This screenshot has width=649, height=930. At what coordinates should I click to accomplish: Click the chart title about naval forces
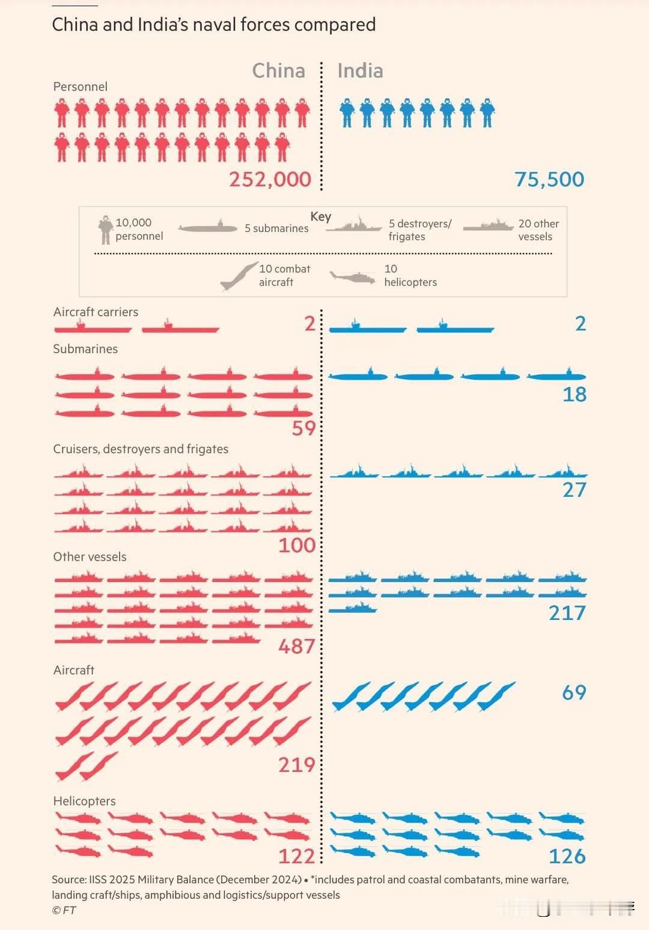pyautogui.click(x=213, y=25)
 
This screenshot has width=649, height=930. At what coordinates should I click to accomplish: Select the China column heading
pyautogui.click(x=278, y=71)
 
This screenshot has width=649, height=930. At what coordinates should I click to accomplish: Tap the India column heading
pyautogui.click(x=360, y=71)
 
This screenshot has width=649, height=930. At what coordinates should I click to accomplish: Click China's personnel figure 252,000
pyautogui.click(x=270, y=179)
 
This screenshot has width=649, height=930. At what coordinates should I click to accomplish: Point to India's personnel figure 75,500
pyautogui.click(x=549, y=179)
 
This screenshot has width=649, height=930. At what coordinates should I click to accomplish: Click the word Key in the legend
pyautogui.click(x=320, y=217)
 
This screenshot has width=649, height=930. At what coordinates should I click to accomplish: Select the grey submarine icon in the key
pyautogui.click(x=208, y=228)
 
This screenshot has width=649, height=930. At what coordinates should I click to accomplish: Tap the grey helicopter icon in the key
pyautogui.click(x=353, y=277)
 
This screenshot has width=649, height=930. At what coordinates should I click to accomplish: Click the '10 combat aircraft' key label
pyautogui.click(x=284, y=275)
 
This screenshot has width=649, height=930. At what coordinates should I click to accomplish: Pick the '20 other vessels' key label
pyautogui.click(x=538, y=229)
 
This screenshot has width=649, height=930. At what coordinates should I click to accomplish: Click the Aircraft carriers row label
pyautogui.click(x=96, y=312)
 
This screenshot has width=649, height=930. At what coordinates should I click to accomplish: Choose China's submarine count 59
pyautogui.click(x=303, y=428)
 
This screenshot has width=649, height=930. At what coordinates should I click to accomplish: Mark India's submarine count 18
pyautogui.click(x=574, y=394)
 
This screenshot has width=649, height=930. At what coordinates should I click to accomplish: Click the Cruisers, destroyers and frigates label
pyautogui.click(x=141, y=449)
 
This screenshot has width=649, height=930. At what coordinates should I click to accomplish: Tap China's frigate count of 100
pyautogui.click(x=297, y=545)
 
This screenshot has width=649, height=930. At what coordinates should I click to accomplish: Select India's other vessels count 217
pyautogui.click(x=567, y=613)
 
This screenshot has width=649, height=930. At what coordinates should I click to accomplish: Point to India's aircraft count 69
pyautogui.click(x=574, y=692)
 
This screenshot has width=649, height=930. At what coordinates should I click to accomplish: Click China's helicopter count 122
pyautogui.click(x=296, y=856)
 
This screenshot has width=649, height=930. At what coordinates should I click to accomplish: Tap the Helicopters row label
pyautogui.click(x=84, y=801)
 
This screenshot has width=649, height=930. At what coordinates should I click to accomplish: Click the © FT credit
pyautogui.click(x=64, y=910)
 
